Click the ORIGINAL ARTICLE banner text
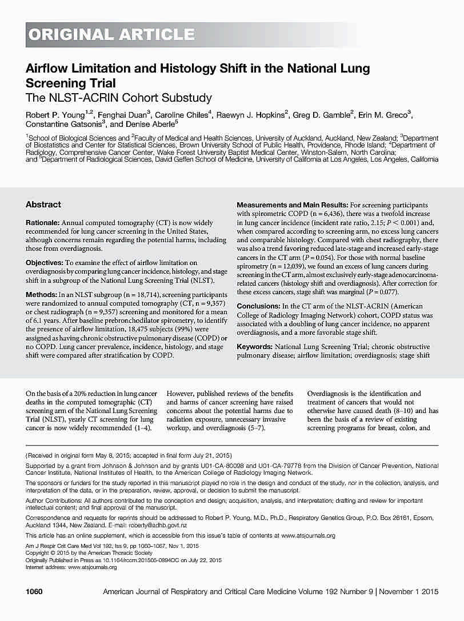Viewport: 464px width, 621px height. coord(111,35)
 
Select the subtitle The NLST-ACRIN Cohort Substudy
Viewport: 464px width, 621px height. coord(119,98)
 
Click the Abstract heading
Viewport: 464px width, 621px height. coord(43,205)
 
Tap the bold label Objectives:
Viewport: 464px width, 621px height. coord(45,263)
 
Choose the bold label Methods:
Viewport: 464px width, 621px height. coord(42,294)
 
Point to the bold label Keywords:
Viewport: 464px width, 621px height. coord(254,347)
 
